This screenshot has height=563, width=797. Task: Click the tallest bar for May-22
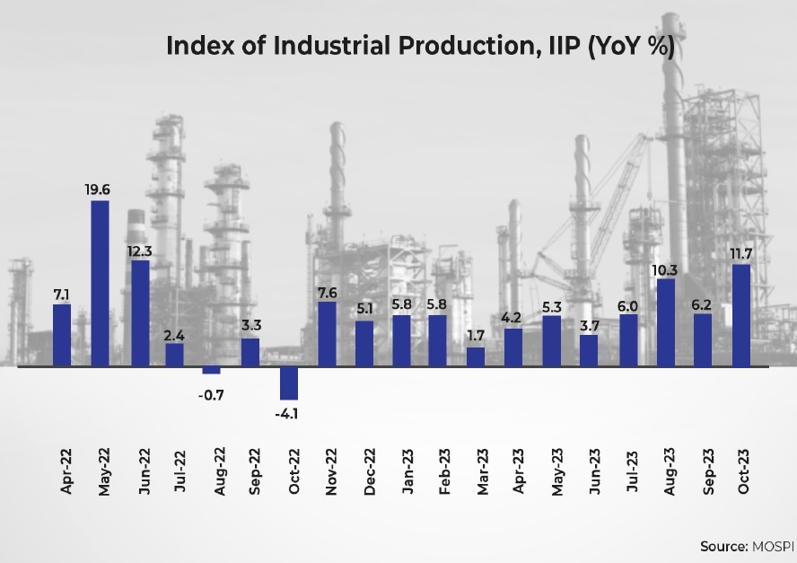tap(101, 284)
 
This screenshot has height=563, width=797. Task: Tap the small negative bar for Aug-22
tap(212, 370)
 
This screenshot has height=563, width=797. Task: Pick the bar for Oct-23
tap(741, 315)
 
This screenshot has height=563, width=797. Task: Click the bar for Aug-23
tap(666, 322)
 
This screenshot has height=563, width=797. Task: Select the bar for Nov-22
tap(328, 334)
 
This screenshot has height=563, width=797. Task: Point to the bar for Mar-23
tap(476, 357)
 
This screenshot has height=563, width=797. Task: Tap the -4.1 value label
tap(289, 414)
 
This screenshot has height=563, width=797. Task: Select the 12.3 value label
tap(140, 251)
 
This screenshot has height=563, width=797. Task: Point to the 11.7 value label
tap(741, 253)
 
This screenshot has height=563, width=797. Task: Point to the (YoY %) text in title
tap(630, 47)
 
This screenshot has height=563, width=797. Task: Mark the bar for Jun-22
tap(140, 313)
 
